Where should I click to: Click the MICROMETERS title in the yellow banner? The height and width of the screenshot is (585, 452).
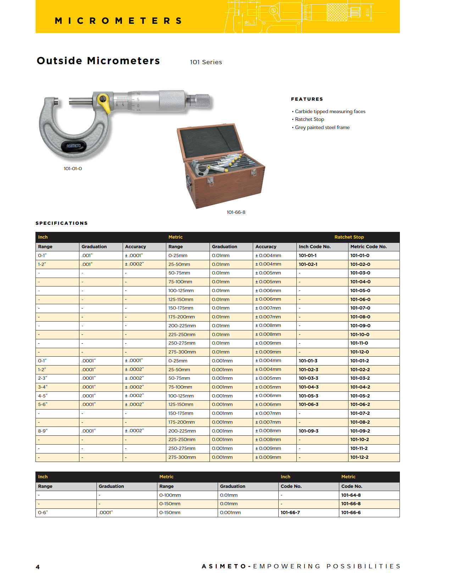tap(118, 21)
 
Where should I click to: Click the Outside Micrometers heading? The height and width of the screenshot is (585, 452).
tap(98, 61)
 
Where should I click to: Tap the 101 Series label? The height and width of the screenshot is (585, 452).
tap(206, 62)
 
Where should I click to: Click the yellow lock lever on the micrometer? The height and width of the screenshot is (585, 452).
tap(104, 102)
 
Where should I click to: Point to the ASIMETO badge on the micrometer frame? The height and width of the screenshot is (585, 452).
tap(74, 146)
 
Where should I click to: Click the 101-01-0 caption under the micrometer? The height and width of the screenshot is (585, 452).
tap(73, 169)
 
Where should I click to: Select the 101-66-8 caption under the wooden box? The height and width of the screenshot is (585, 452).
tap(236, 212)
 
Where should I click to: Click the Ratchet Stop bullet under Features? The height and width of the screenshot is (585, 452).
tap(309, 119)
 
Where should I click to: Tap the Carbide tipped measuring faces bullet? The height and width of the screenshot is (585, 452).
tap(330, 111)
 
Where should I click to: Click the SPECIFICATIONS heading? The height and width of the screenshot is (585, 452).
tap(62, 223)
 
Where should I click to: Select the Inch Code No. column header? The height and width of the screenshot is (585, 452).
tap(314, 247)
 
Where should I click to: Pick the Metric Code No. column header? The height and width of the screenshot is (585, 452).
tap(368, 247)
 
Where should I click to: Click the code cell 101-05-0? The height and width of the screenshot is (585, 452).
tap(360, 291)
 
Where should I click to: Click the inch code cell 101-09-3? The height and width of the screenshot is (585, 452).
tap(308, 431)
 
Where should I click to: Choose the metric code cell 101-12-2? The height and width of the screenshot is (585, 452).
tap(359, 457)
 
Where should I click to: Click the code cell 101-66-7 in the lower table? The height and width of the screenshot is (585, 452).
tap(290, 513)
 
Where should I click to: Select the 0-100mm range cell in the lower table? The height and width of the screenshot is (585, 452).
tap(170, 495)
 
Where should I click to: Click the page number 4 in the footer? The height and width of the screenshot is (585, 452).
tap(38, 567)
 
